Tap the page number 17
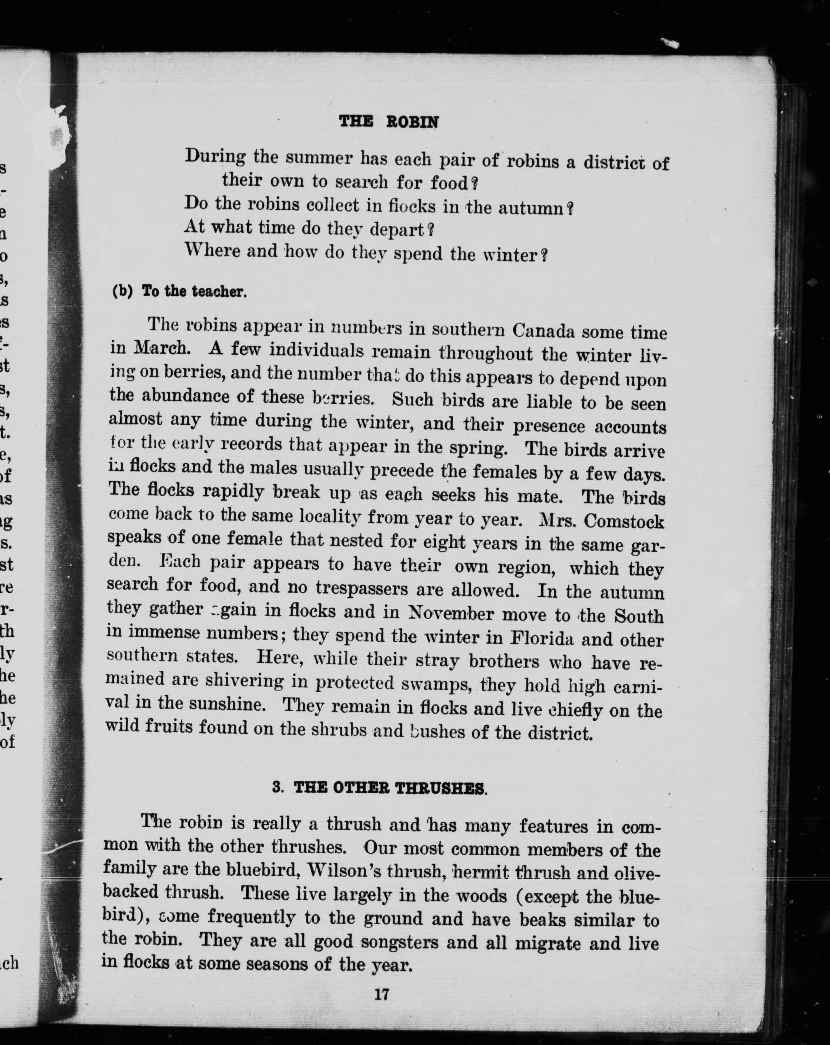coord(382,994)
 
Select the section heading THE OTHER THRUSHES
coord(390,788)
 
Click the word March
coord(160,347)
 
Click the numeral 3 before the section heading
coord(277,787)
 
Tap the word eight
coord(444,542)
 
